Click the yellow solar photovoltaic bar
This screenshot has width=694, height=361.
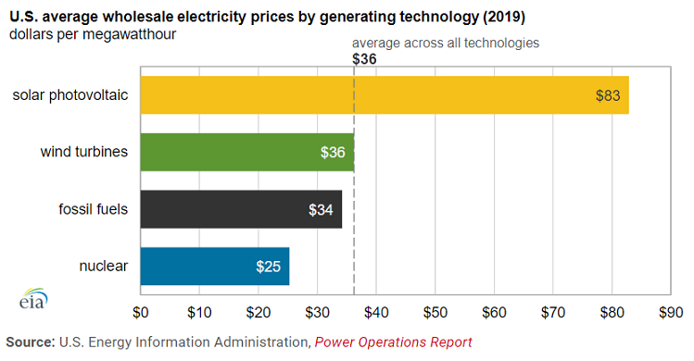pyautogui.click(x=385, y=94)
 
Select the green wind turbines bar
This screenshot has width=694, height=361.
pyautogui.click(x=246, y=152)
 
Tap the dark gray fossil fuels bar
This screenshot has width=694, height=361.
pyautogui.click(x=241, y=209)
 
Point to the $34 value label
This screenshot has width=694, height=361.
pyautogui.click(x=321, y=210)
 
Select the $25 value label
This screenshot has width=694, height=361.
pyautogui.click(x=268, y=268)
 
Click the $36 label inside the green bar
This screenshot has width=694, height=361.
pyautogui.click(x=333, y=153)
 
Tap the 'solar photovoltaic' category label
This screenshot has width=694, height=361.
pyautogui.click(x=70, y=94)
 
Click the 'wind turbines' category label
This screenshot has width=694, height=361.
pyautogui.click(x=83, y=152)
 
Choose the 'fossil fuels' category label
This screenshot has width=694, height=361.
pyautogui.click(x=91, y=209)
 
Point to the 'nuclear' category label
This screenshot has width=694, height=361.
pyautogui.click(x=104, y=267)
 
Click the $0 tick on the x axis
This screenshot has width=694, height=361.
pyautogui.click(x=141, y=312)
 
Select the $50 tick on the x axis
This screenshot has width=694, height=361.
pyautogui.click(x=435, y=312)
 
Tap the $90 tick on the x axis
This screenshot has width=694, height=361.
pyautogui.click(x=670, y=312)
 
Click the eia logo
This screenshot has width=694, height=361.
pyautogui.click(x=33, y=301)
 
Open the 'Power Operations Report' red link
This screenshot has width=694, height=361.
pyautogui.click(x=394, y=342)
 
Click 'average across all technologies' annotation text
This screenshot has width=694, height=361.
pyautogui.click(x=446, y=43)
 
